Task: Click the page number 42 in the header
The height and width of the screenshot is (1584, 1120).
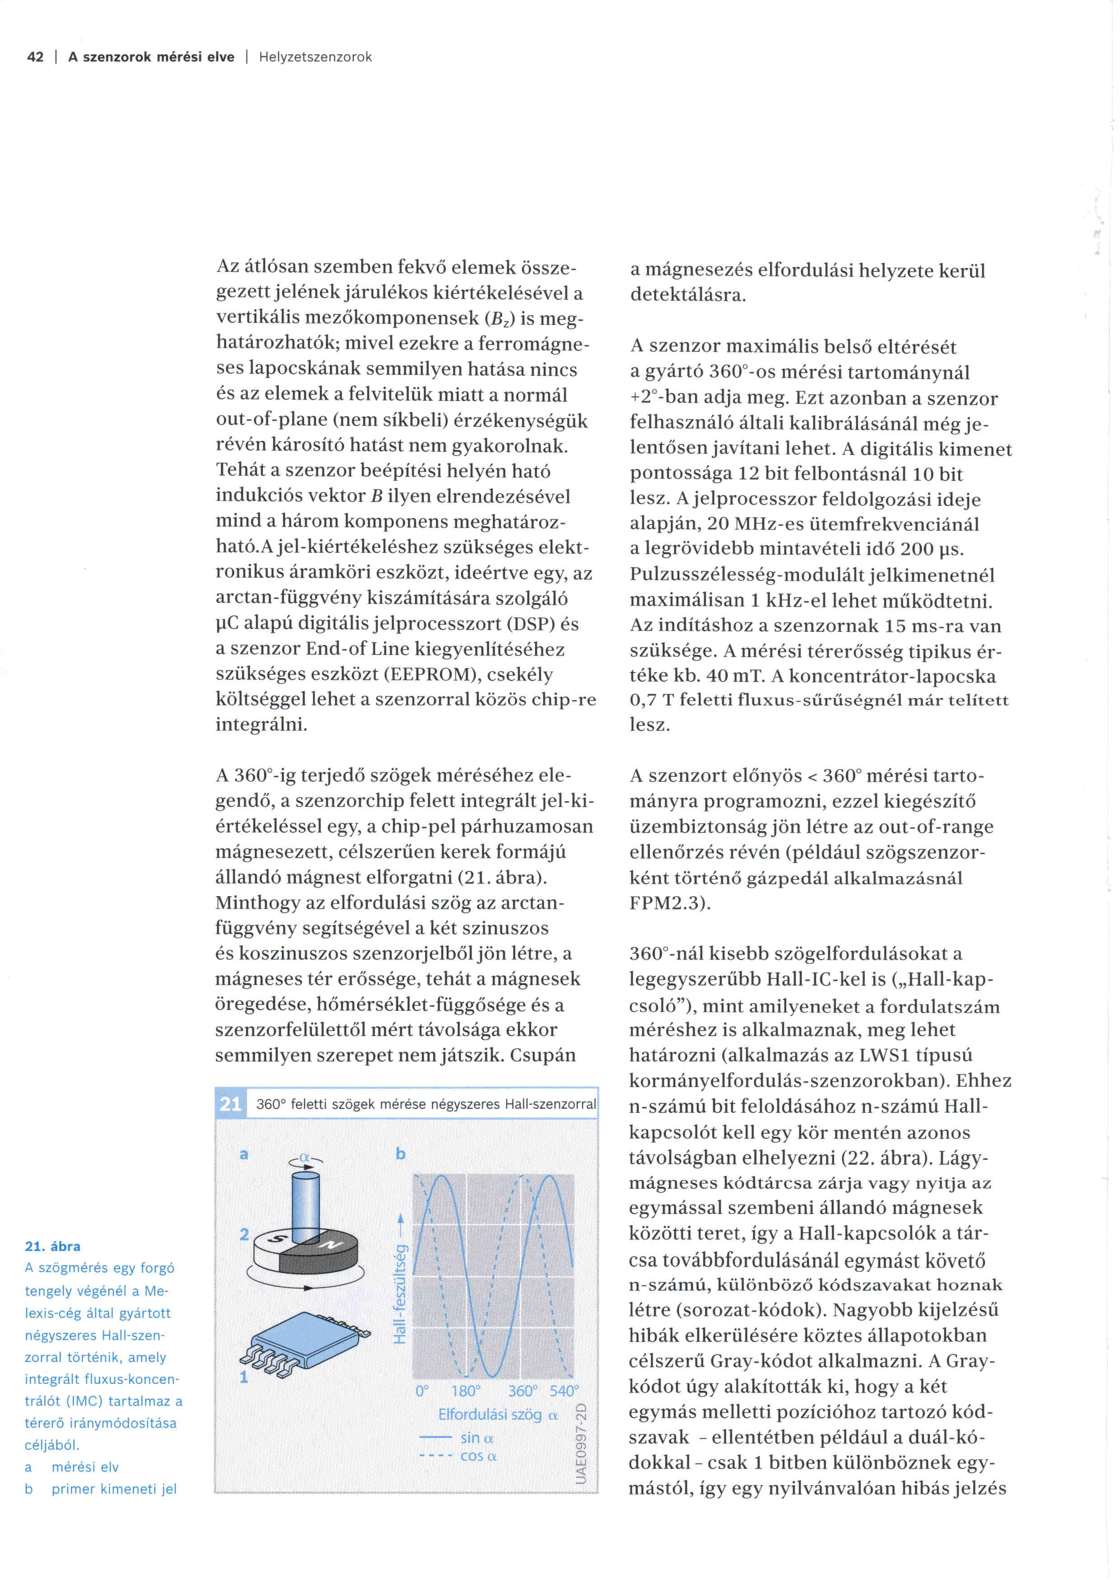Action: (35, 57)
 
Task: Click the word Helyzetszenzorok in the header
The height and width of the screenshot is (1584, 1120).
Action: (315, 57)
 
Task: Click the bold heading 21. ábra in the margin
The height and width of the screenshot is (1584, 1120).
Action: (52, 1246)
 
